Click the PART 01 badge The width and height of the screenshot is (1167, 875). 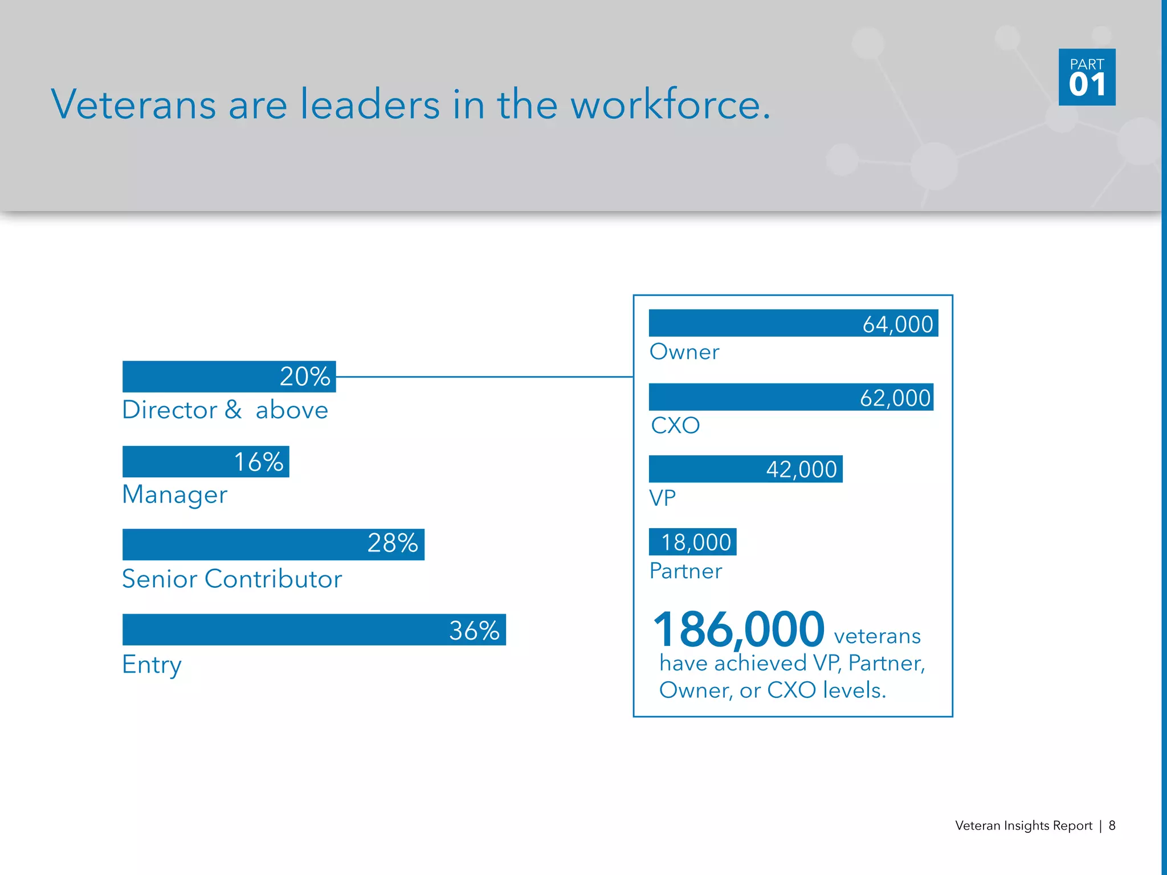(x=1087, y=77)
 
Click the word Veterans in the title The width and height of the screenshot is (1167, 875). (x=134, y=105)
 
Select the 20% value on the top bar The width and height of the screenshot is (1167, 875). (x=305, y=377)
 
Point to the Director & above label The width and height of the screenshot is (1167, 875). (x=225, y=410)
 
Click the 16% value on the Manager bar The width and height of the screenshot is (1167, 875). (x=258, y=462)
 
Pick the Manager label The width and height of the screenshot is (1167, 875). (x=175, y=494)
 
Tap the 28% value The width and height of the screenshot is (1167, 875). (x=393, y=543)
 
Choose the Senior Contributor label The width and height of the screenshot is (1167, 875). (x=232, y=579)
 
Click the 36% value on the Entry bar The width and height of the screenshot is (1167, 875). (x=474, y=631)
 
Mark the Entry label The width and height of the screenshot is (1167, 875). (x=152, y=665)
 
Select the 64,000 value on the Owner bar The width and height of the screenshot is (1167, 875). (x=897, y=324)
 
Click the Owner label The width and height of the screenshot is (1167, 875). (x=684, y=352)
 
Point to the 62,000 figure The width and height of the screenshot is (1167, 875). (x=895, y=398)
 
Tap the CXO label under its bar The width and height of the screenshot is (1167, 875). (x=675, y=426)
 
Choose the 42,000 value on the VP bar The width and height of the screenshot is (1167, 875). (x=801, y=469)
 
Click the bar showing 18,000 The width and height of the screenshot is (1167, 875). (x=693, y=542)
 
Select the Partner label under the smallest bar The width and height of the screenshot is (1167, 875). (x=685, y=571)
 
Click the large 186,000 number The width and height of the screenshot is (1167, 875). (x=738, y=629)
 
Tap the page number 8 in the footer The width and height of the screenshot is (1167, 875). (x=1112, y=825)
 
